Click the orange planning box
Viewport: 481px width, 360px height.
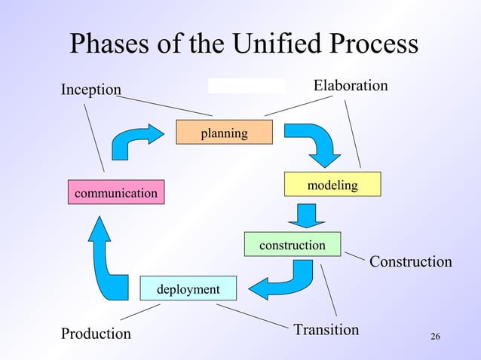pyautogui.click(x=224, y=133)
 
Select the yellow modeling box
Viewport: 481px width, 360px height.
pyautogui.click(x=332, y=185)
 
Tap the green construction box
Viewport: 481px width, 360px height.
pyautogui.click(x=292, y=245)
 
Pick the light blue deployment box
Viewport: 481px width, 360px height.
pyautogui.click(x=188, y=289)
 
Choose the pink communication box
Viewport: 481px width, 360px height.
pyautogui.click(x=115, y=194)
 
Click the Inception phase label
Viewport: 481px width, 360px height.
pyautogui.click(x=90, y=90)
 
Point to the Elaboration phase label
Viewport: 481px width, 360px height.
pyautogui.click(x=351, y=86)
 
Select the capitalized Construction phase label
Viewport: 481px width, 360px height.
pyautogui.click(x=410, y=261)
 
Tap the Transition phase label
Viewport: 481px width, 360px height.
pyautogui.click(x=326, y=330)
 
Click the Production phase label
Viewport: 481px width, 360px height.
pyautogui.click(x=96, y=333)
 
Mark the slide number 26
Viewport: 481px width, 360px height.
pyautogui.click(x=434, y=335)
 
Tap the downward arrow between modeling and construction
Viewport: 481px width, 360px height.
pyautogui.click(x=306, y=215)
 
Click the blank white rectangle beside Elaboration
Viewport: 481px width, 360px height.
pyautogui.click(x=246, y=85)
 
